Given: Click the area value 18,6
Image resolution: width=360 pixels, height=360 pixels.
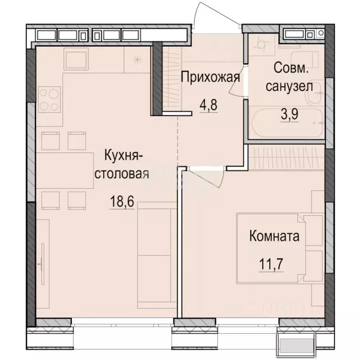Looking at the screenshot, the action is [x=122, y=202].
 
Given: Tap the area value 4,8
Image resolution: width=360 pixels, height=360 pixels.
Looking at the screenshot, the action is [x=209, y=105].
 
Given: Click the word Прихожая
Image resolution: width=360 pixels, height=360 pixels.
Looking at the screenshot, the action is [x=210, y=77].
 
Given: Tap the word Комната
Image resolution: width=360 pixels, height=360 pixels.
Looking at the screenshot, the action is [x=274, y=236].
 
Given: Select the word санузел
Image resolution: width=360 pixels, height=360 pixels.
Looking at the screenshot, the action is [x=289, y=87].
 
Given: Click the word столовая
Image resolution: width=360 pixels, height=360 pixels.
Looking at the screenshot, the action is [x=122, y=174].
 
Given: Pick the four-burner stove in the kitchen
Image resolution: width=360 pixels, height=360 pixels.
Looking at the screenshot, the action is [x=49, y=99].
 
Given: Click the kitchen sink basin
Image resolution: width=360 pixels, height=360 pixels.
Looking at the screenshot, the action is [x=76, y=59].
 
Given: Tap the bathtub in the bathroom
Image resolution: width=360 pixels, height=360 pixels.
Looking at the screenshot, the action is [x=287, y=123].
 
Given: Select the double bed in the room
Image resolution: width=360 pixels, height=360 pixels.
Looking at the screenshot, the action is [x=280, y=248].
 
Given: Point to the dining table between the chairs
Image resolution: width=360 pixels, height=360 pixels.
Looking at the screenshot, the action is [x=65, y=171].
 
